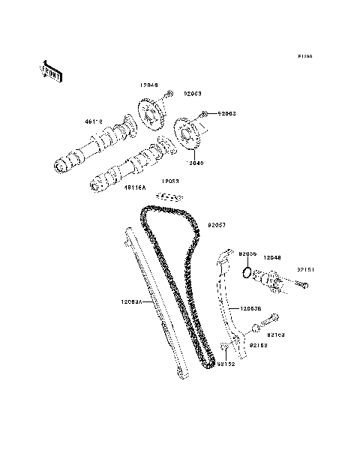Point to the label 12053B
[251, 307]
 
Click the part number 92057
[216, 223]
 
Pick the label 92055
[248, 254]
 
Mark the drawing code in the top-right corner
[304, 56]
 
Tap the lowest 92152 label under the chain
[225, 364]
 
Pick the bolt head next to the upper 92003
[169, 94]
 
